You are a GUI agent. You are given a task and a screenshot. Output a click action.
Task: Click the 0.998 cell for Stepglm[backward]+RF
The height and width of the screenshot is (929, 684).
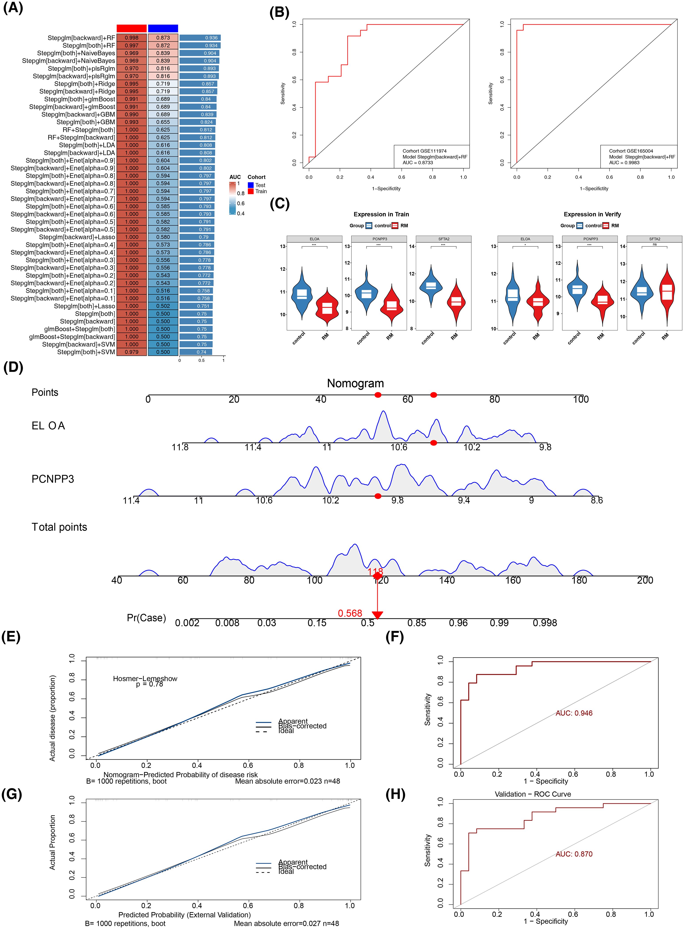coord(132,38)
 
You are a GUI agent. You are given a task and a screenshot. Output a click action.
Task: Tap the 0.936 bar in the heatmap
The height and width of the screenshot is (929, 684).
coord(200,38)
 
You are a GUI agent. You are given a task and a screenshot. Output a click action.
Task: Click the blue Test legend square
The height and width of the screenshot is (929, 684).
coord(251,185)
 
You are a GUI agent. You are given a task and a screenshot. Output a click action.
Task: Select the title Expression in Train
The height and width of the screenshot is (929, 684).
coord(381,214)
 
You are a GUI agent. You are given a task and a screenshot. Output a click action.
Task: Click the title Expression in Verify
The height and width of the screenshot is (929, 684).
coord(592,214)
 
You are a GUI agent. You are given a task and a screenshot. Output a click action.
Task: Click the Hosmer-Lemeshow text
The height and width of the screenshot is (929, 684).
coord(145,679)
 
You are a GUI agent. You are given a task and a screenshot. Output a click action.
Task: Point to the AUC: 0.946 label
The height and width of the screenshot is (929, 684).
coord(574,713)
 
